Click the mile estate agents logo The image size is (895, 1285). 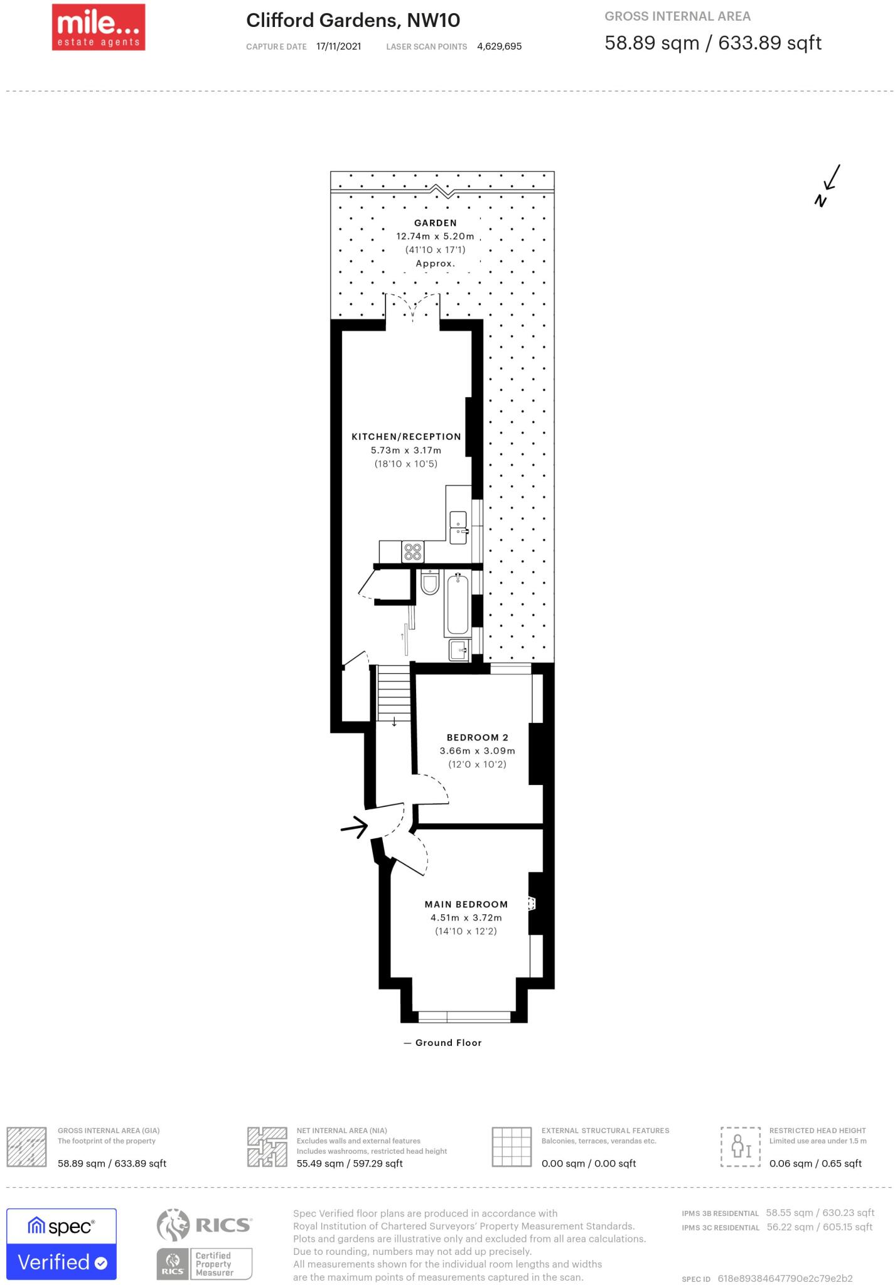click(x=99, y=27)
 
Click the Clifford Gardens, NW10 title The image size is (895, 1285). click(x=353, y=21)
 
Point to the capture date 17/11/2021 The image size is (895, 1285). click(x=338, y=46)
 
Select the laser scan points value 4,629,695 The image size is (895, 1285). click(x=499, y=46)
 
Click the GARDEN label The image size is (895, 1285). click(x=435, y=223)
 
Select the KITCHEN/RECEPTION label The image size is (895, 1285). click(x=406, y=437)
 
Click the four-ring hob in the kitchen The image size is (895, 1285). click(x=412, y=552)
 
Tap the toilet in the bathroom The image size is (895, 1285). click(x=430, y=583)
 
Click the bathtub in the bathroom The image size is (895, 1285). click(x=457, y=604)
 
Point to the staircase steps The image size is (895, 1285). click(x=394, y=693)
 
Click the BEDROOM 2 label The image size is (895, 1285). click(x=477, y=737)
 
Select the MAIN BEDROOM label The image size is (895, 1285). click(x=466, y=904)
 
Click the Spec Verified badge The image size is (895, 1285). click(x=62, y=1244)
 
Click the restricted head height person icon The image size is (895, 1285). click(x=741, y=1147)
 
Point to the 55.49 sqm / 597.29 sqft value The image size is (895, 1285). click(x=349, y=1163)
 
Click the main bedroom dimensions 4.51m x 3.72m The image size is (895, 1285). click(x=466, y=917)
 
